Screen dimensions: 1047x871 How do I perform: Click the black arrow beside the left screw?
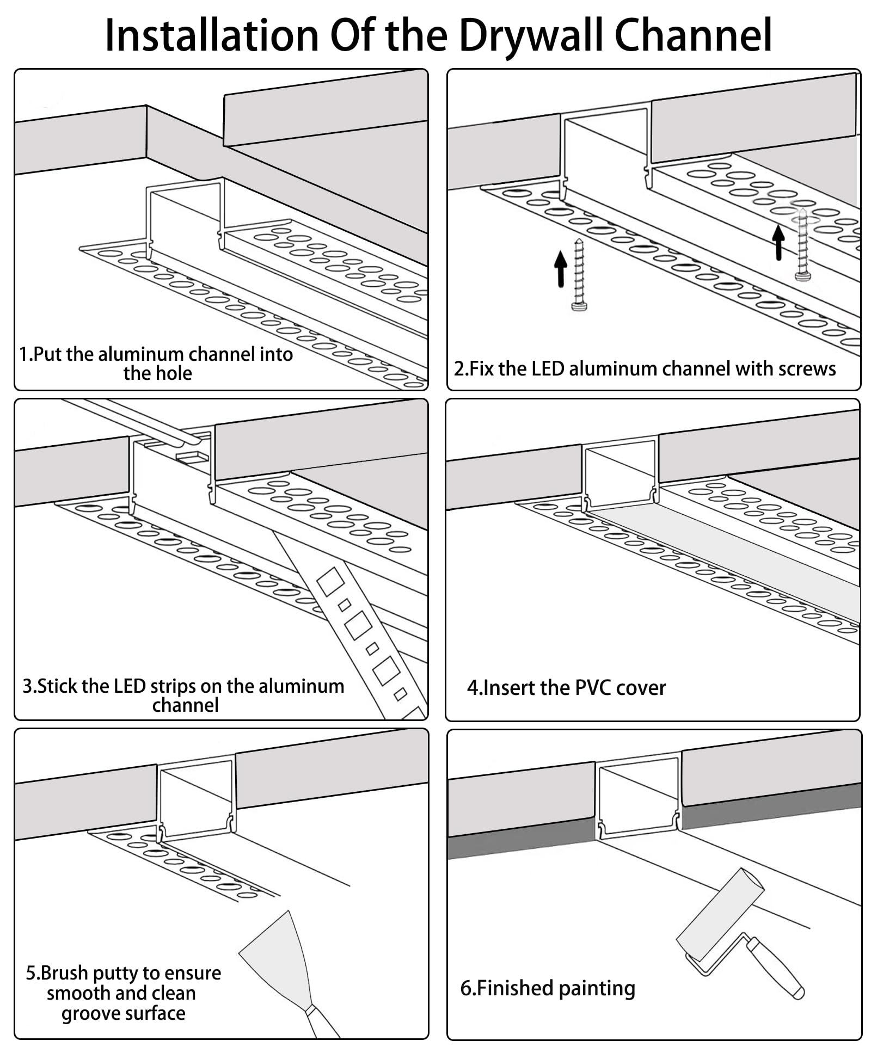pyautogui.click(x=560, y=268)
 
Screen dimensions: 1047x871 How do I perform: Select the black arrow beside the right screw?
pyautogui.click(x=778, y=242)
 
